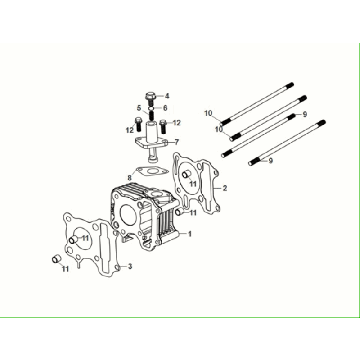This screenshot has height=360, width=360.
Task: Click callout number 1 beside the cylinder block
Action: pos(190,234)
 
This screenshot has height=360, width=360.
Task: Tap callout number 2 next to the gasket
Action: pos(225,188)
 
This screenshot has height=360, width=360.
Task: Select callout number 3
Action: pos(130,266)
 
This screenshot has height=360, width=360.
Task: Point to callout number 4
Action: pos(167,96)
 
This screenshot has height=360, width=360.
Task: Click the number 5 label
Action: pos(139,108)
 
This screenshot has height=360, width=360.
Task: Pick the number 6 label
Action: pos(165,108)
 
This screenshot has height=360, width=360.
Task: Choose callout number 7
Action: pos(177,142)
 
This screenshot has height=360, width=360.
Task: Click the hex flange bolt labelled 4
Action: pos(149,97)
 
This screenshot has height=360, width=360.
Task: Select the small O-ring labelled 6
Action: pos(151,108)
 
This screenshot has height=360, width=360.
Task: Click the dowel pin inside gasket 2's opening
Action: pos(185,175)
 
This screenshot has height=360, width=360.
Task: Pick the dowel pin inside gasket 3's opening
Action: pos(72,239)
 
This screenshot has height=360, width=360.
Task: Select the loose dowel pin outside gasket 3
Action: pos(56,259)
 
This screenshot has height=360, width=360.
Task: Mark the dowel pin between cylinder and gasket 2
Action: pos(179,211)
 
